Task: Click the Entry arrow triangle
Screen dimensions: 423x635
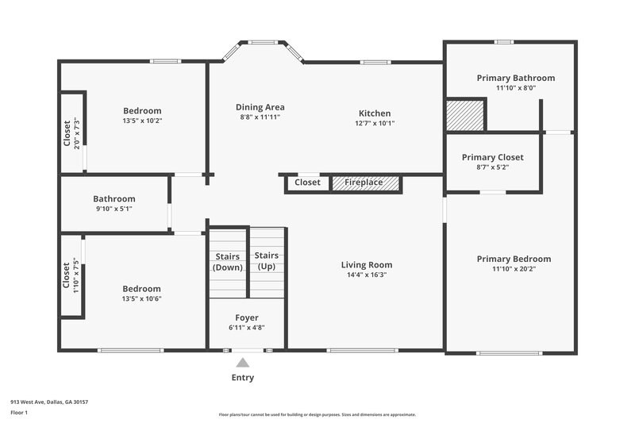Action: point(243,363)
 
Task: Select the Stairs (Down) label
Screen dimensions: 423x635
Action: point(228,262)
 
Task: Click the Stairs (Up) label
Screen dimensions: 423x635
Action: point(267,261)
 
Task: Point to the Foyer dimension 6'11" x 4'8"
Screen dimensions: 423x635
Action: point(247,327)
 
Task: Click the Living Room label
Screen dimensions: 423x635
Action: point(367,265)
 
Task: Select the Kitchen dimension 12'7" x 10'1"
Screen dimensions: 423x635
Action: point(374,123)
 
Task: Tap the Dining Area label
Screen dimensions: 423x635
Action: point(260,107)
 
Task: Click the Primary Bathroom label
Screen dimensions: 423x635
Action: point(515,78)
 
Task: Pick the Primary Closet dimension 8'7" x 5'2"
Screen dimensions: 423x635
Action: point(492,167)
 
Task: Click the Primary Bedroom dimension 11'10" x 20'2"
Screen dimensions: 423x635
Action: point(514,269)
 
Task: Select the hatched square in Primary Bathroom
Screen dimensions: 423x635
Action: point(464,114)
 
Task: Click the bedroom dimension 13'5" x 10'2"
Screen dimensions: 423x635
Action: point(142,121)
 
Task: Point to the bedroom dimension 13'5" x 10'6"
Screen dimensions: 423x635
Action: point(141,298)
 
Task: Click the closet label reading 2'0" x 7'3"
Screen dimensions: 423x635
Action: point(76,133)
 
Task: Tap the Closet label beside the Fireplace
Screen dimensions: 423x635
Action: point(307,183)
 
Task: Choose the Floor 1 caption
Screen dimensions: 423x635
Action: point(18,413)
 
